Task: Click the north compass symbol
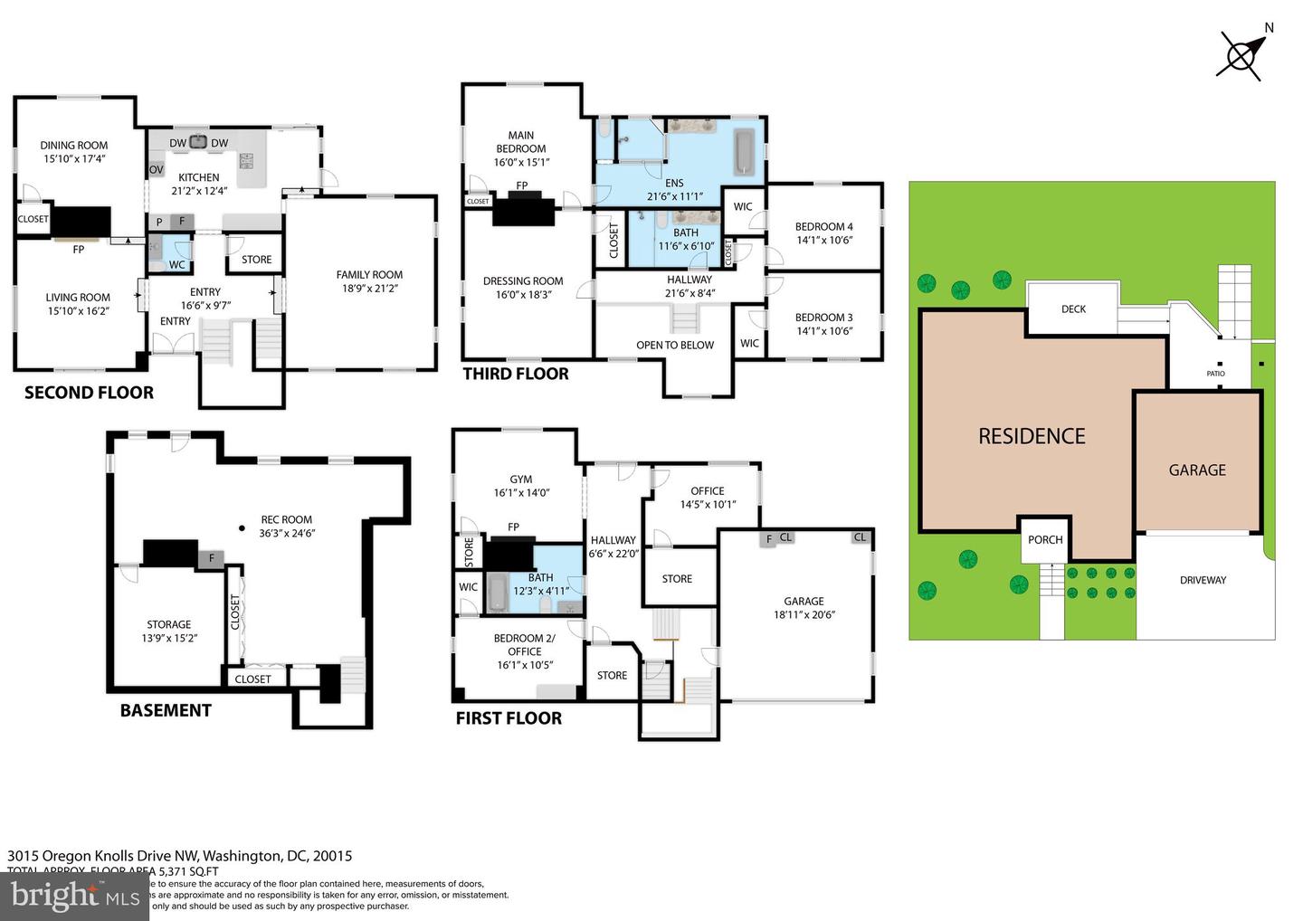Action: tap(1241, 54)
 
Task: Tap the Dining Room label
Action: tap(74, 145)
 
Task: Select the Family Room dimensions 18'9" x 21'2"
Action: tap(369, 289)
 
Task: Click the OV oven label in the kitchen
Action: tap(156, 169)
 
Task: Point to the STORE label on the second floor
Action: tap(256, 260)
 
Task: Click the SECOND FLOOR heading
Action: tap(89, 393)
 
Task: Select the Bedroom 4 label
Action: tap(823, 227)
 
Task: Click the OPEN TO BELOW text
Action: tap(675, 345)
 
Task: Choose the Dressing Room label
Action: tap(523, 281)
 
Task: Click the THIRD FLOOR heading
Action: tap(516, 374)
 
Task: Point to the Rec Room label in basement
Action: tap(286, 519)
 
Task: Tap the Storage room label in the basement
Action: tap(169, 624)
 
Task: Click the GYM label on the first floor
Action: tap(520, 479)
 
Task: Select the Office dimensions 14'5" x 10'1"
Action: tap(708, 505)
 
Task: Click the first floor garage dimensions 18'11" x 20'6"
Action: tap(804, 615)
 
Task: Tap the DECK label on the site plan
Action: tap(1073, 309)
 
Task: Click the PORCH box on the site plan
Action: tap(1045, 540)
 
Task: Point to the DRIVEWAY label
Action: tap(1203, 580)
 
